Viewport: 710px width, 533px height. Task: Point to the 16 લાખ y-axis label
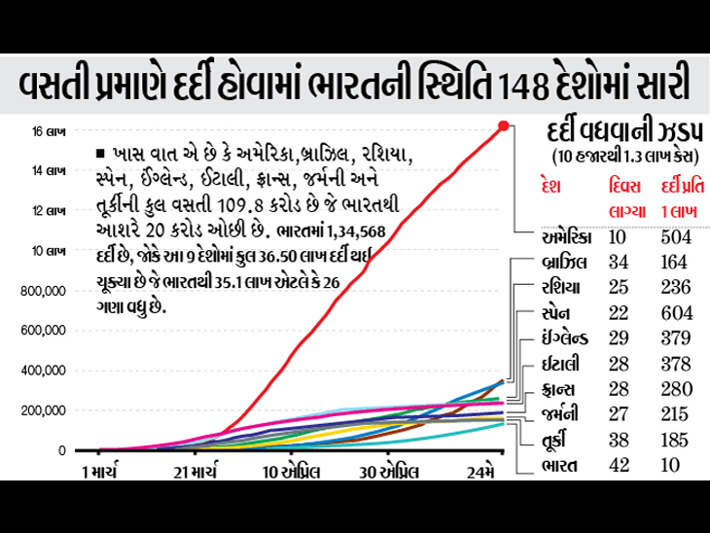(x=50, y=130)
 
